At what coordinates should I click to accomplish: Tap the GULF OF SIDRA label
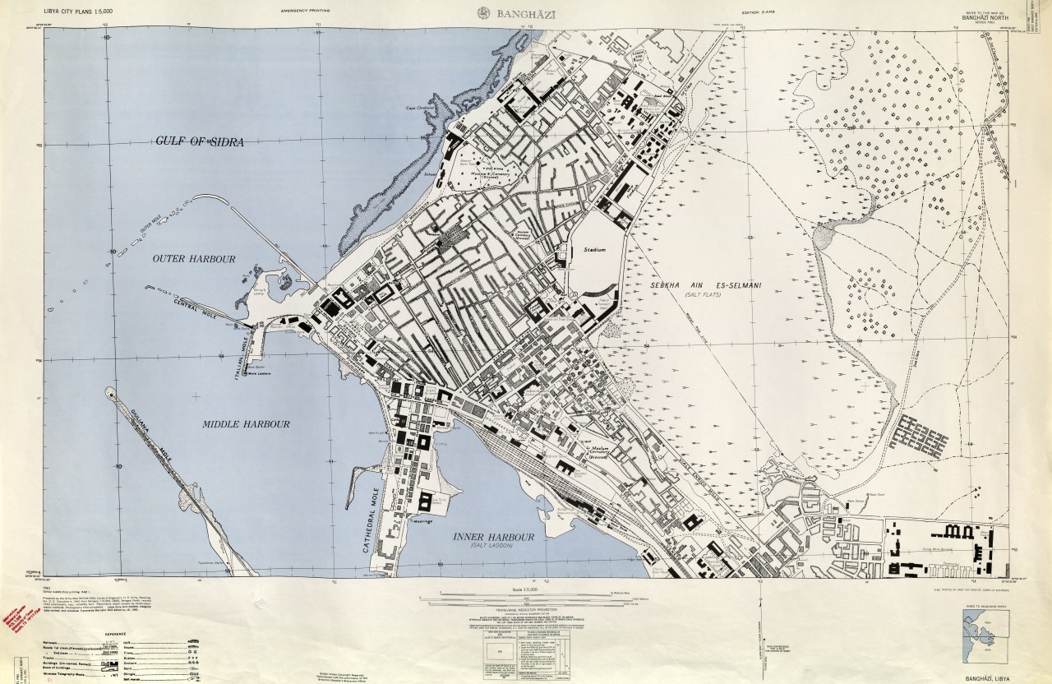pos(200,141)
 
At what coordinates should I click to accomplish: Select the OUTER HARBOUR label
pos(194,259)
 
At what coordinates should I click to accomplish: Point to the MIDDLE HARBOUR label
pos(246,424)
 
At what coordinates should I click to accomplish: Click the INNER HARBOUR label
pos(494,537)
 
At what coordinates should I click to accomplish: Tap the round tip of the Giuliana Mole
pos(111,393)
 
